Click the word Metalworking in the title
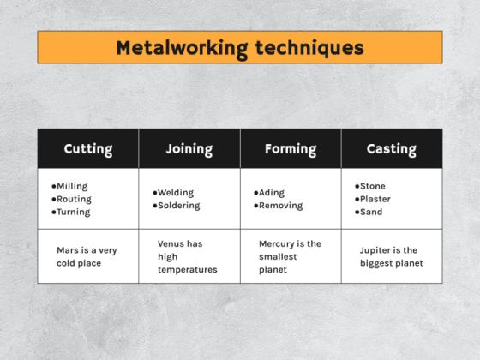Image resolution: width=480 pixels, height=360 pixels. (x=182, y=47)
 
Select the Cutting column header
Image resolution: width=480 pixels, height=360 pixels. (x=88, y=149)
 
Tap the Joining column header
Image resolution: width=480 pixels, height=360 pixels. (x=189, y=149)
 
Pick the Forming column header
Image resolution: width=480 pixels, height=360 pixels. (x=291, y=149)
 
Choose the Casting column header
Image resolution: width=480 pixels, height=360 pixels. (x=392, y=149)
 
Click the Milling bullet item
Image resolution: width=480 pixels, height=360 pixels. (x=72, y=186)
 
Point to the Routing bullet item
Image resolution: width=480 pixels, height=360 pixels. (x=74, y=199)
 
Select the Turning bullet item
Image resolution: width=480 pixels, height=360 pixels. (x=73, y=212)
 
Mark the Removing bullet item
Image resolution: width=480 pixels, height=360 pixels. (x=280, y=206)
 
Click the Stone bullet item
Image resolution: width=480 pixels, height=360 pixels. (x=372, y=186)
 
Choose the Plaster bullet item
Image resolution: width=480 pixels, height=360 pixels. (x=375, y=199)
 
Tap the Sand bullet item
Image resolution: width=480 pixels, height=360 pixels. (x=370, y=212)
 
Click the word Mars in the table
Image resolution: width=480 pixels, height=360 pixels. (x=68, y=250)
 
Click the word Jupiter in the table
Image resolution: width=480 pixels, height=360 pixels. (x=377, y=250)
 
